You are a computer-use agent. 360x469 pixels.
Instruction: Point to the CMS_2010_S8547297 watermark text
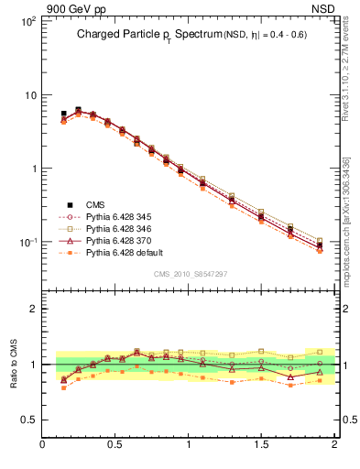click(x=190, y=273)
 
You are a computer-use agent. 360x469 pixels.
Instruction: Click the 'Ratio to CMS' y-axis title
click(x=14, y=365)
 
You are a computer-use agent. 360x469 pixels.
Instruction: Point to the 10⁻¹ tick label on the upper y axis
click(x=27, y=242)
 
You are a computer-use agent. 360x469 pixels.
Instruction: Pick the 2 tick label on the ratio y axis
click(x=32, y=309)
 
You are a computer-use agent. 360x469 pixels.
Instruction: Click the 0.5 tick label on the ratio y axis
click(x=27, y=420)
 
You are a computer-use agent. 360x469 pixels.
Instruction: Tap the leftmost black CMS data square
click(x=63, y=115)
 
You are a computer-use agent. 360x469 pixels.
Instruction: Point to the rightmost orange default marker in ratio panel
click(x=320, y=381)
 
